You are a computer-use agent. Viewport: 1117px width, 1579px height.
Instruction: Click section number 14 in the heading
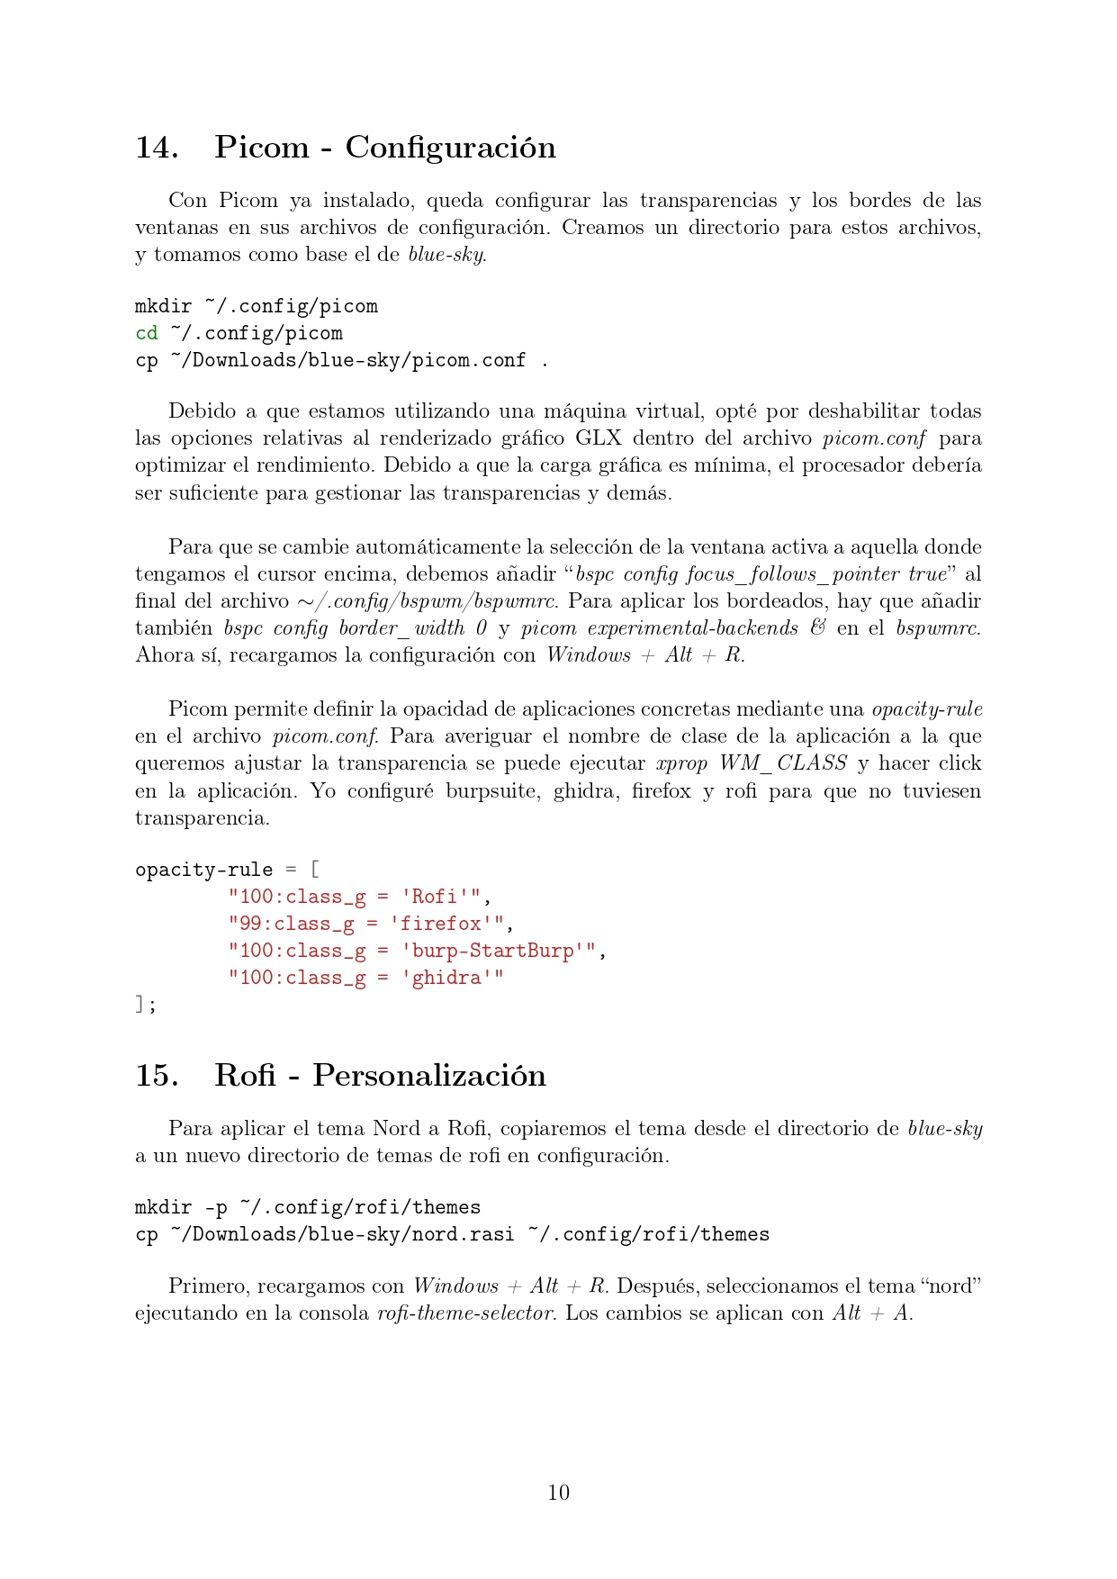(x=156, y=148)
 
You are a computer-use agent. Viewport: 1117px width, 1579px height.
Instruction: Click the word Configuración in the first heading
(x=450, y=148)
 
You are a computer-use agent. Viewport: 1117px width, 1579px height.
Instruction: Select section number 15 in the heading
(x=156, y=1076)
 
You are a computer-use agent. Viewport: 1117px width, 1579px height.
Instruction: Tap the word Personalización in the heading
(x=428, y=1076)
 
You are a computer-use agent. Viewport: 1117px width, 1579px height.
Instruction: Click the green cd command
(x=147, y=333)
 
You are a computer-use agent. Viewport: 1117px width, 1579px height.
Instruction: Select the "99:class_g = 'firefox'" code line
(x=370, y=924)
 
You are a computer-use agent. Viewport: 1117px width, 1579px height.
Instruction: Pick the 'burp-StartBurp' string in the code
(x=498, y=951)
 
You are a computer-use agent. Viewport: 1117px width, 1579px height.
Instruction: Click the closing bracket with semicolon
(x=145, y=1005)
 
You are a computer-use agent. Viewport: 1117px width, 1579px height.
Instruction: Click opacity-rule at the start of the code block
(x=203, y=870)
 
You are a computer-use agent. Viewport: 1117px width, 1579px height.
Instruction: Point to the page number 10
(x=558, y=1493)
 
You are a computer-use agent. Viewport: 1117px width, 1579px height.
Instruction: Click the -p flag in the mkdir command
(x=216, y=1207)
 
